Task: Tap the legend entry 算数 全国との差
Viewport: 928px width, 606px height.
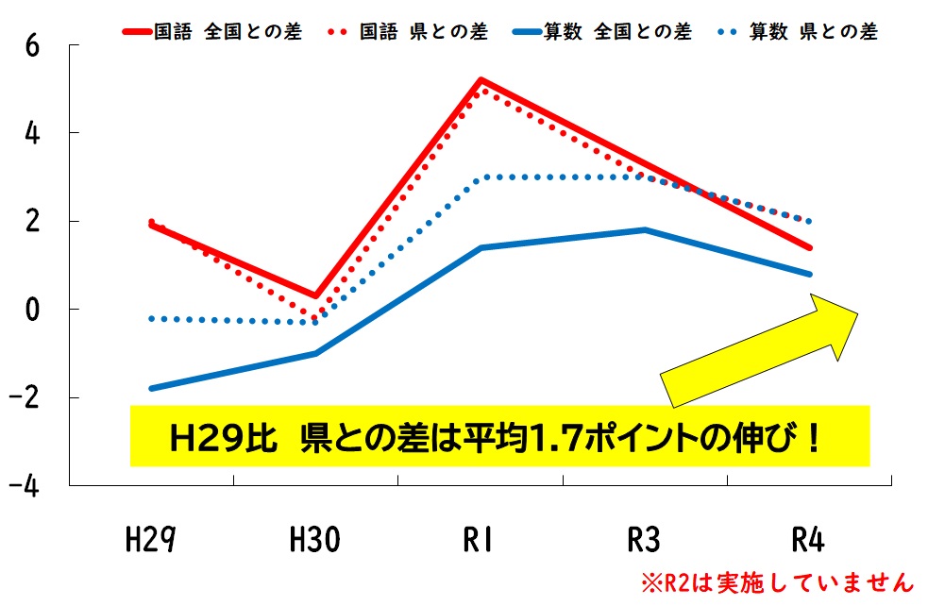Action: [x=617, y=32]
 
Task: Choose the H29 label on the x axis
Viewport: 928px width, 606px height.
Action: [x=151, y=541]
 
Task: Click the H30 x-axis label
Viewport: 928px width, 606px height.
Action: [x=315, y=541]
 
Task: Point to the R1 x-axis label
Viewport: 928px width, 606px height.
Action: [x=481, y=541]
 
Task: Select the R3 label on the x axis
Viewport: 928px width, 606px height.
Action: [x=645, y=541]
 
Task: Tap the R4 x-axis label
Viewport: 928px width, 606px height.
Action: [x=809, y=541]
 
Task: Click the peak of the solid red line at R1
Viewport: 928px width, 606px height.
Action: [x=481, y=81]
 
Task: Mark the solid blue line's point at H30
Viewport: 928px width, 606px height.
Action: [x=315, y=353]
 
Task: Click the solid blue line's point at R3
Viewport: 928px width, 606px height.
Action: [x=645, y=229]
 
